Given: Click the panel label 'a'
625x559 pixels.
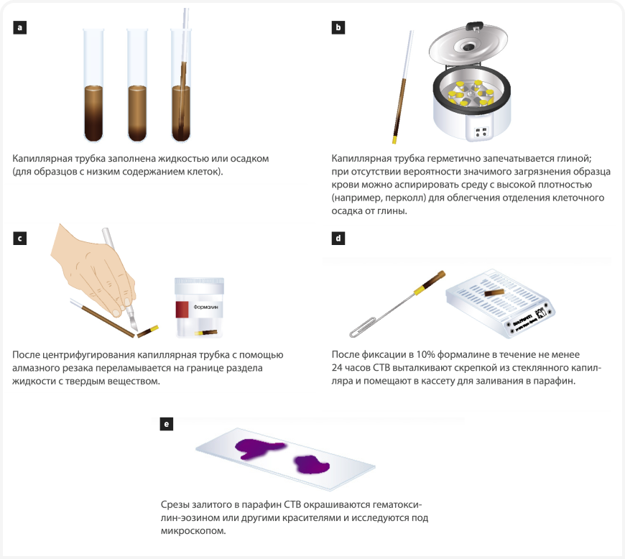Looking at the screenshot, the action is [x=20, y=27].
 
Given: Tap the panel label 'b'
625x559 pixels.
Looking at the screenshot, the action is [x=338, y=27].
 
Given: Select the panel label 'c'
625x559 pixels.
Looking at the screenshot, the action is [x=20, y=239].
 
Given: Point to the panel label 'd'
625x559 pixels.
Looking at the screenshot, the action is [x=338, y=239].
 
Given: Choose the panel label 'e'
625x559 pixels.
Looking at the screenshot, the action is [x=167, y=424].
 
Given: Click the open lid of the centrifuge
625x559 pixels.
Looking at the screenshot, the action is [x=468, y=43].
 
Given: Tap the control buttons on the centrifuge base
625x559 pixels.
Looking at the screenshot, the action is [x=481, y=132].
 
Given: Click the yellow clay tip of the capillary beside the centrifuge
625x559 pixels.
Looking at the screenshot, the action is [x=394, y=139].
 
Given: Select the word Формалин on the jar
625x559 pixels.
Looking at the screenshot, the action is [x=205, y=307].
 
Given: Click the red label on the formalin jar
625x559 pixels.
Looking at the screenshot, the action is [x=182, y=310].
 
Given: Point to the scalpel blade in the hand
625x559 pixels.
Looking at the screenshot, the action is [x=132, y=323].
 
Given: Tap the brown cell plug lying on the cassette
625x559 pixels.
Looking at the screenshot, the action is [x=494, y=293].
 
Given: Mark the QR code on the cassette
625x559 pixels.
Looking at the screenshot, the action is [x=542, y=313].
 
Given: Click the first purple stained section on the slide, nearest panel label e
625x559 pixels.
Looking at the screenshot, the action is [x=259, y=449].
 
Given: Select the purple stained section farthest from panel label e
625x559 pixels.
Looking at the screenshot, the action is [x=311, y=464].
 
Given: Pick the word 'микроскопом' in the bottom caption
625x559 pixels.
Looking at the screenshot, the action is [x=193, y=531].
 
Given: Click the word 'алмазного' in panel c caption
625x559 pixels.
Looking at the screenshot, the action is [x=34, y=368].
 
